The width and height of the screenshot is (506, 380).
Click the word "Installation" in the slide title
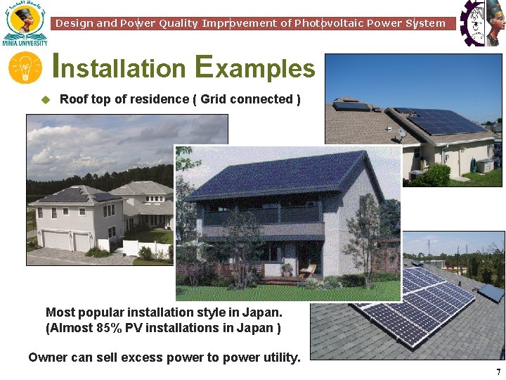tap(119, 68)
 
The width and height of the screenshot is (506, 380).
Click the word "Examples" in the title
tap(255, 68)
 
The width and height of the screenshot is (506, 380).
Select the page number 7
tap(498, 372)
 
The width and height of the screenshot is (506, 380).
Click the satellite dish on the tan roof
tap(402, 132)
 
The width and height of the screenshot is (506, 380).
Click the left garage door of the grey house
tap(58, 241)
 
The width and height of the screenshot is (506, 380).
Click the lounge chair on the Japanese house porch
tap(308, 270)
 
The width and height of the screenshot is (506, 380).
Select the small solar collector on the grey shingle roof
tap(491, 291)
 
